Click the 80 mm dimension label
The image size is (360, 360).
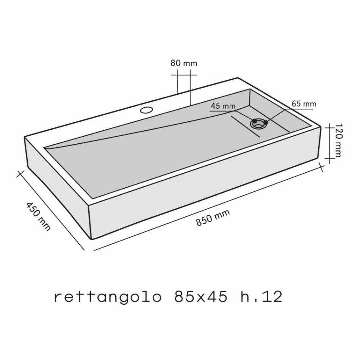(x=184, y=63)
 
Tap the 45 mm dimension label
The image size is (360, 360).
(x=223, y=106)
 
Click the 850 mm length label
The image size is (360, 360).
(x=213, y=218)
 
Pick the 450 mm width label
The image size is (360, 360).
(x=38, y=216)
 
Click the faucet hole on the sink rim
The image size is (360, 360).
(x=146, y=110)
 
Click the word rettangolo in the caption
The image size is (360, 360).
(x=108, y=297)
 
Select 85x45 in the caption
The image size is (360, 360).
(x=201, y=297)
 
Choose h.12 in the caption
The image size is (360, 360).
(x=261, y=297)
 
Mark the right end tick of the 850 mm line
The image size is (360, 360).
(x=322, y=166)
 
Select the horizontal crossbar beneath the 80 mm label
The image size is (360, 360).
(x=184, y=75)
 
